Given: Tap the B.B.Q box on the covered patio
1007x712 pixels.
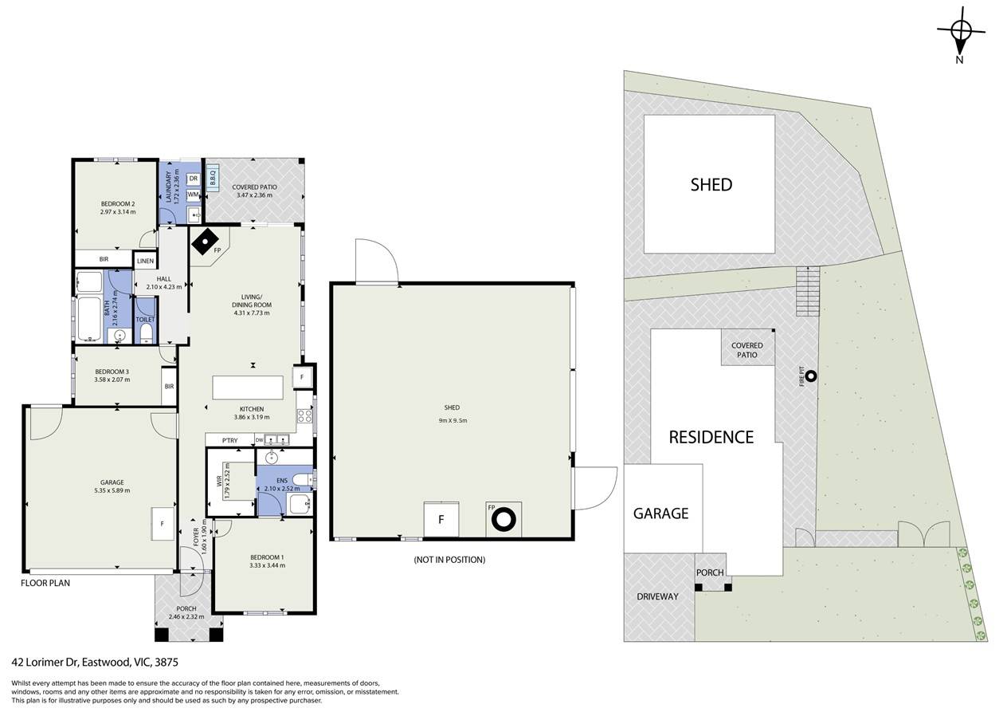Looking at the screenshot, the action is pyautogui.click(x=213, y=178).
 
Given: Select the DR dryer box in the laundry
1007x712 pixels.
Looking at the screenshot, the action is pyautogui.click(x=194, y=179).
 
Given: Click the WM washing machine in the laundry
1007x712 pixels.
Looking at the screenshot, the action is pyautogui.click(x=194, y=195).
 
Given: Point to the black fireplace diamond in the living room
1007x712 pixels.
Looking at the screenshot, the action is pyautogui.click(x=205, y=242).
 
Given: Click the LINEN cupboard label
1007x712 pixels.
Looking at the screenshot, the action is pyautogui.click(x=145, y=261).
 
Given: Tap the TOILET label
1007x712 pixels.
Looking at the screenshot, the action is pyautogui.click(x=145, y=320).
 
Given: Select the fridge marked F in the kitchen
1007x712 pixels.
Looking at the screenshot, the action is pyautogui.click(x=302, y=377).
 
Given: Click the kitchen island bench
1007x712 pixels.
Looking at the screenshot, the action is pyautogui.click(x=248, y=387).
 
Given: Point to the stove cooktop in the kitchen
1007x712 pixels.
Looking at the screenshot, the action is pyautogui.click(x=305, y=416).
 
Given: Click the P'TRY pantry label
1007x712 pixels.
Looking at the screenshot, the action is pyautogui.click(x=229, y=440).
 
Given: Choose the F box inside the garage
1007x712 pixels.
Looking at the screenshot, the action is pyautogui.click(x=163, y=524).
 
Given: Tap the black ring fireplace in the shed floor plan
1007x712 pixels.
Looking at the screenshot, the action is pyautogui.click(x=503, y=520).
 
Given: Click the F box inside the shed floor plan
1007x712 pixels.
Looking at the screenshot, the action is pyautogui.click(x=441, y=520).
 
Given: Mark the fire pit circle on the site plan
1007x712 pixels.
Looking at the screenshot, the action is pyautogui.click(x=811, y=376).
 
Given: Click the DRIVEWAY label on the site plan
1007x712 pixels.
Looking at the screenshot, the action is pyautogui.click(x=657, y=597).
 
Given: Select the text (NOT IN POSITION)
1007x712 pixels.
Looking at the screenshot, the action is pyautogui.click(x=449, y=560).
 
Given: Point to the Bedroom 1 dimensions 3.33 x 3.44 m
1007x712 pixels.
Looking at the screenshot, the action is pyautogui.click(x=268, y=565).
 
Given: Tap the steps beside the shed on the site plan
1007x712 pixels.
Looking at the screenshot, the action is pyautogui.click(x=808, y=291).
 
